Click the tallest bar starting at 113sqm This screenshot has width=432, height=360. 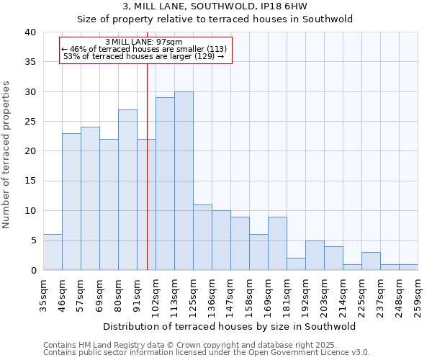pyautogui.click(x=184, y=181)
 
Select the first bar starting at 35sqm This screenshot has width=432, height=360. pyautogui.click(x=53, y=252)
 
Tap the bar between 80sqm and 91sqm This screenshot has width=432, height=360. pyautogui.click(x=127, y=190)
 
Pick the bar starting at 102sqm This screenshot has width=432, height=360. pyautogui.click(x=165, y=184)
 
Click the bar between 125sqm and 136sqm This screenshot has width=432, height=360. pyautogui.click(x=202, y=238)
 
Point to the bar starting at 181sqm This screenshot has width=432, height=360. pyautogui.click(x=296, y=264)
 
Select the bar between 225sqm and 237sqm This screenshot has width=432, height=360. pyautogui.click(x=371, y=261)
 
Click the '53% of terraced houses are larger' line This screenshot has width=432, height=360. pyautogui.click(x=143, y=56)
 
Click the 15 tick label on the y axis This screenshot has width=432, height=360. pyautogui.click(x=30, y=181)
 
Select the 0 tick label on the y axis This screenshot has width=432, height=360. pyautogui.click(x=32, y=271)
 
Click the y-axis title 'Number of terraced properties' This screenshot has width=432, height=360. pyautogui.click(x=6, y=155)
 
